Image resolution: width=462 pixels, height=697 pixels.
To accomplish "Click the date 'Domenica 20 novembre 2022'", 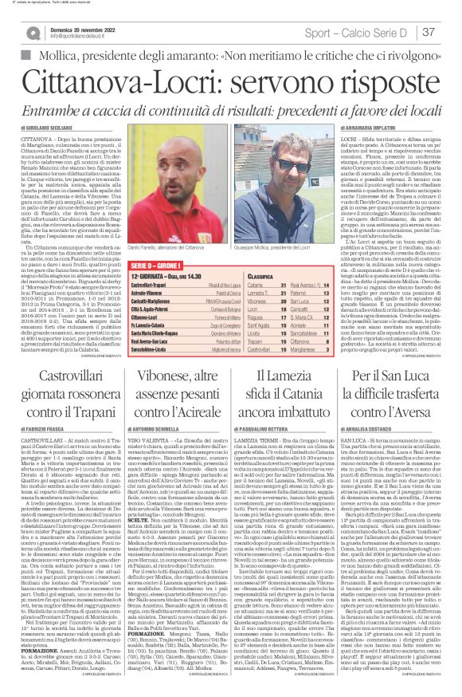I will [x=84, y=27].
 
